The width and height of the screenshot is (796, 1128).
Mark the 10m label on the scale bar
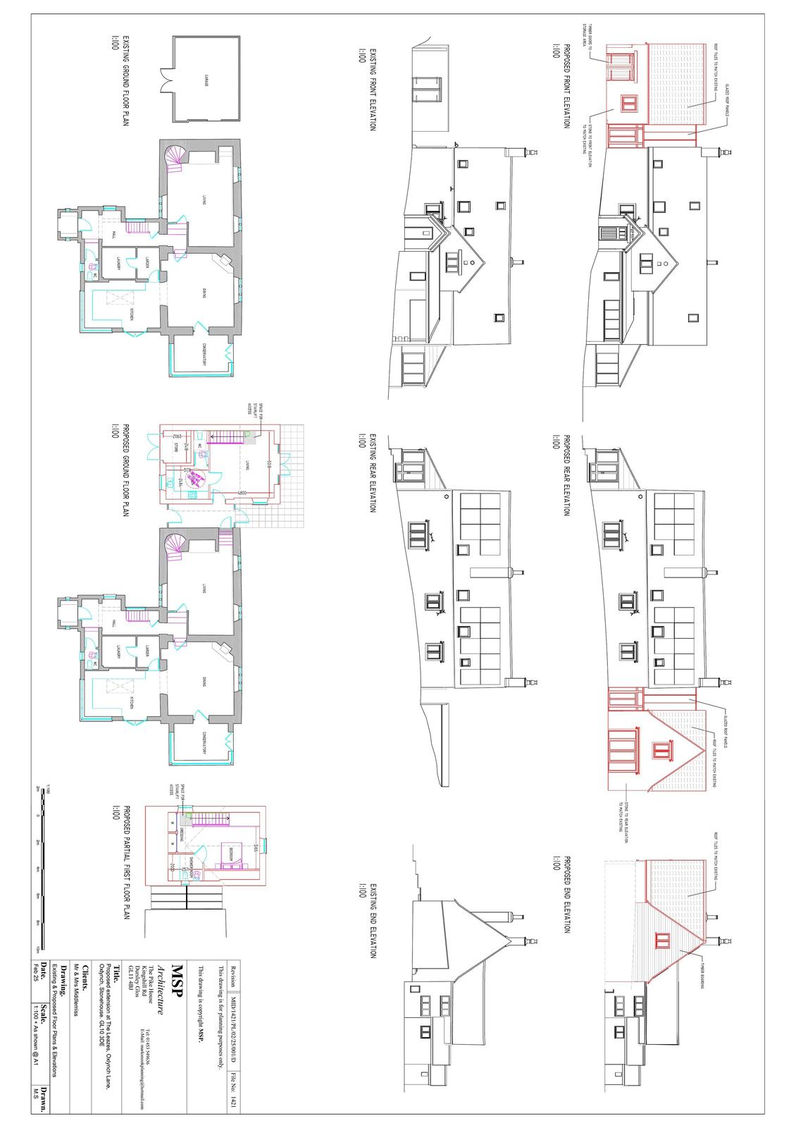click(x=37, y=948)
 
